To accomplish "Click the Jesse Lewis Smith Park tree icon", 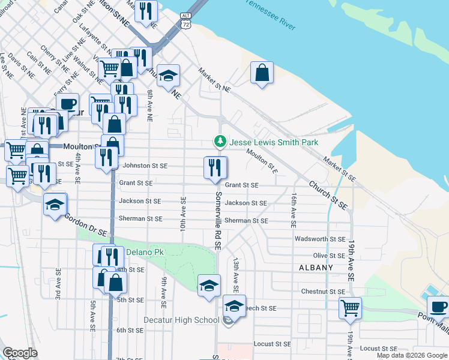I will [220, 142].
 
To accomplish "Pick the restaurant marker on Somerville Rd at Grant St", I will [215, 167].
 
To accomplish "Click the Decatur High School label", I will [181, 320].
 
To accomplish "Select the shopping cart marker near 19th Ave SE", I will [350, 308].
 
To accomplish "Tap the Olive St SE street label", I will [328, 256].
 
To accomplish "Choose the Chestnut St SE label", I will [322, 292].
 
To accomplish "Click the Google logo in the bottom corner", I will [20, 353].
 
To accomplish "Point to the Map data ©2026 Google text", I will [412, 355].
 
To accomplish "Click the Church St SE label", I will [328, 194].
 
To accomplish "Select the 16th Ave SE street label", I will [294, 210].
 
